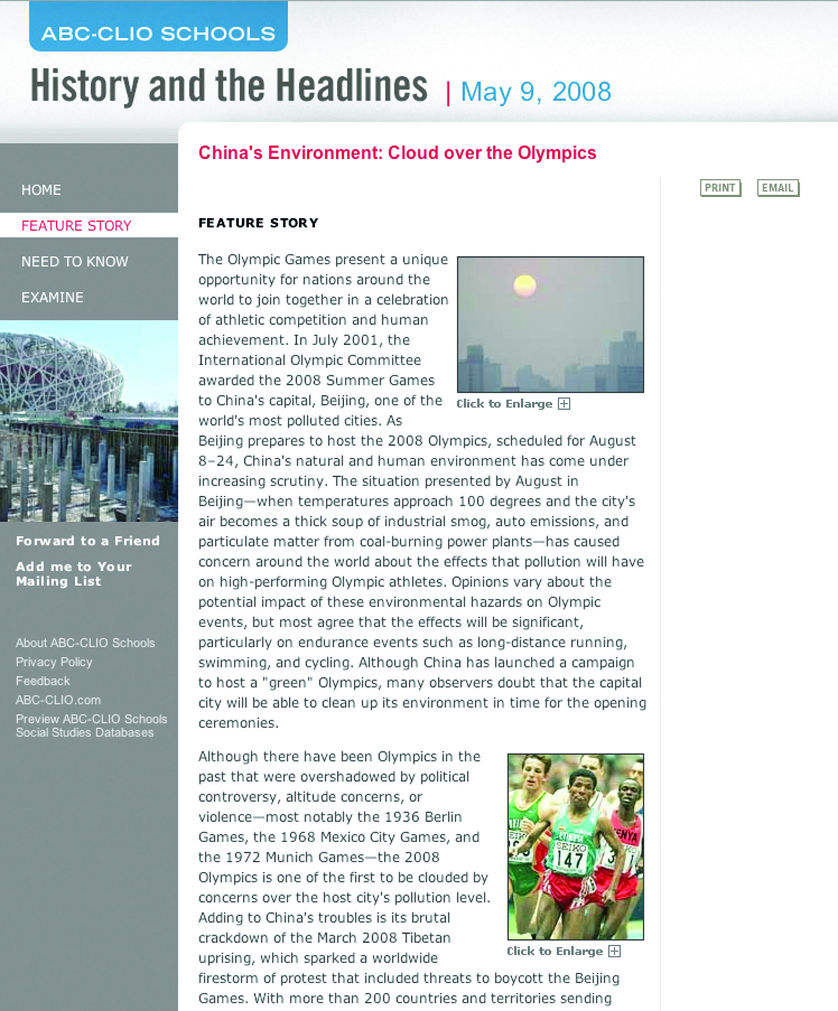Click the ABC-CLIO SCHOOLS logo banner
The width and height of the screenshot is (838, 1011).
click(x=158, y=33)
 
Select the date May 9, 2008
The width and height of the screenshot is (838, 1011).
click(x=536, y=91)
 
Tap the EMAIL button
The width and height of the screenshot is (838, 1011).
click(x=778, y=188)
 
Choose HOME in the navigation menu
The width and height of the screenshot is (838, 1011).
click(x=42, y=190)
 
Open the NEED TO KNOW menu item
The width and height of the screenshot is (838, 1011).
click(x=75, y=261)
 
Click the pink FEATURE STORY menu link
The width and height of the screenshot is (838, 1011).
click(x=76, y=226)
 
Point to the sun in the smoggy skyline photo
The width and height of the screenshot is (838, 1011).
click(x=524, y=286)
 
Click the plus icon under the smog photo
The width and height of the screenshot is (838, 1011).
click(x=564, y=404)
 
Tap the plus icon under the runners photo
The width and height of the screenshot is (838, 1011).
click(x=614, y=951)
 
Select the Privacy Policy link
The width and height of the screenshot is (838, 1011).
click(x=54, y=662)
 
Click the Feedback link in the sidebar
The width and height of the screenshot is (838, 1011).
click(x=43, y=681)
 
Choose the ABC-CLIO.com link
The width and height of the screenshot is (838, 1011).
click(x=58, y=700)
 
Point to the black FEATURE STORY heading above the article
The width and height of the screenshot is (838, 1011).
click(x=258, y=223)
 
